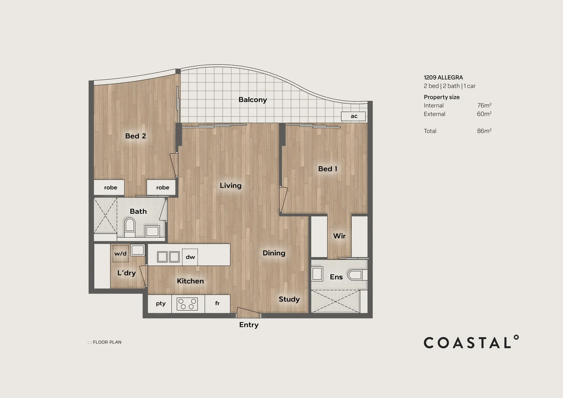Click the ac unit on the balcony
(353, 116)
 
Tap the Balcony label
(252, 99)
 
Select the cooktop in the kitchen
(187, 304)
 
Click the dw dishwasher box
(190, 257)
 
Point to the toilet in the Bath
(130, 227)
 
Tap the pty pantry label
(161, 304)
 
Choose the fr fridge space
(217, 304)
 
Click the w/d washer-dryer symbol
(120, 254)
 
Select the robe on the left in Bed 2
(110, 188)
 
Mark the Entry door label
(249, 325)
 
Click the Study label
(289, 299)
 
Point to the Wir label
(339, 236)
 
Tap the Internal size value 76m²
(484, 105)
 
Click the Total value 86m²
(484, 131)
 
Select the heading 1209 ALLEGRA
(443, 77)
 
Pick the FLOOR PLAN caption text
(107, 342)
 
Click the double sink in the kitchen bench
(168, 256)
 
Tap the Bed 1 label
(328, 169)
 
